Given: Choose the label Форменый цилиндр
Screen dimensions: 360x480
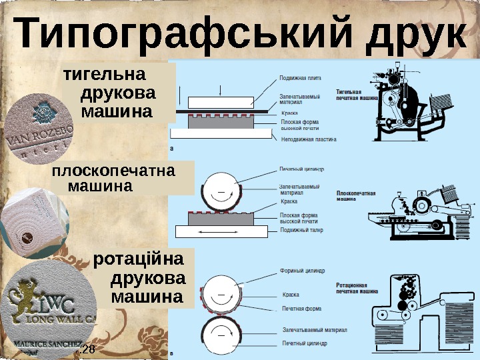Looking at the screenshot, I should tap(303, 271).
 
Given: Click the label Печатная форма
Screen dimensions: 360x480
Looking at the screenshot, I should tap(302, 308).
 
